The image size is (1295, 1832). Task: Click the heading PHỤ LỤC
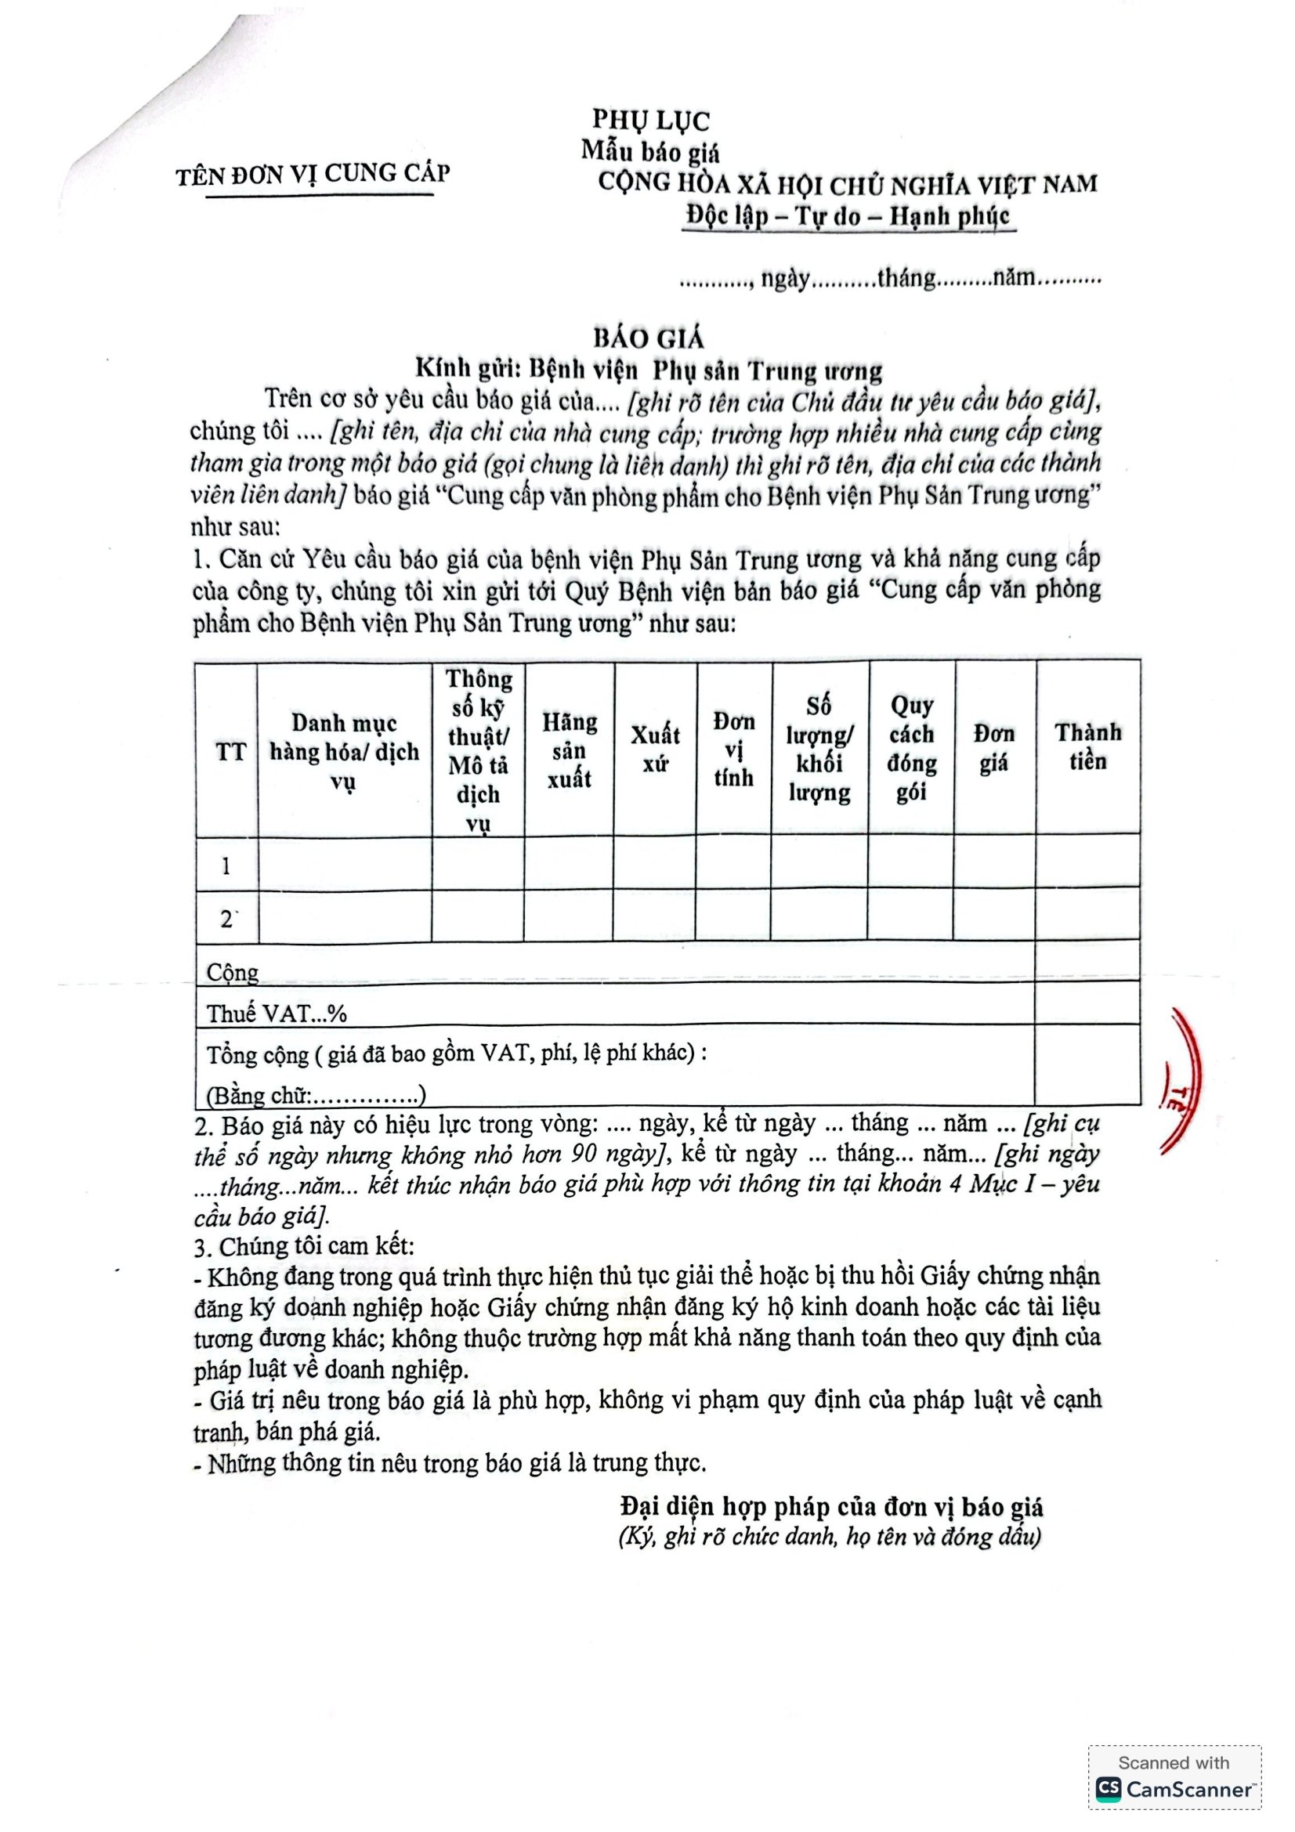(650, 120)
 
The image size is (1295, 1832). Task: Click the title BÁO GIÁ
(648, 338)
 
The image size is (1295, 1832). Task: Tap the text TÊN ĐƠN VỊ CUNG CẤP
(313, 173)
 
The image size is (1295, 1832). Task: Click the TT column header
(230, 752)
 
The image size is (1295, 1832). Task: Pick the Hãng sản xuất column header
(569, 750)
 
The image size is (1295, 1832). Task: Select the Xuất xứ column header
(655, 750)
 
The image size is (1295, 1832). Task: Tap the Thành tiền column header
(1087, 747)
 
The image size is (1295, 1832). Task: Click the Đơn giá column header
(993, 749)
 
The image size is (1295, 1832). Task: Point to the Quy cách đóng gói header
(912, 749)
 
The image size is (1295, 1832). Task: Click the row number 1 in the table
(226, 865)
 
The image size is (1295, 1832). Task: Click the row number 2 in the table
(226, 920)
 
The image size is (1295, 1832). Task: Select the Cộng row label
(233, 972)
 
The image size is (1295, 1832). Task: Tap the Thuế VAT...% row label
(277, 1014)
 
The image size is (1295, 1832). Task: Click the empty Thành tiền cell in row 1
(1087, 863)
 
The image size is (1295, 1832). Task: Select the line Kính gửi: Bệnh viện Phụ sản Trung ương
(648, 371)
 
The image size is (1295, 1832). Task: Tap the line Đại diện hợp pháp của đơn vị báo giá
(831, 1506)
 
